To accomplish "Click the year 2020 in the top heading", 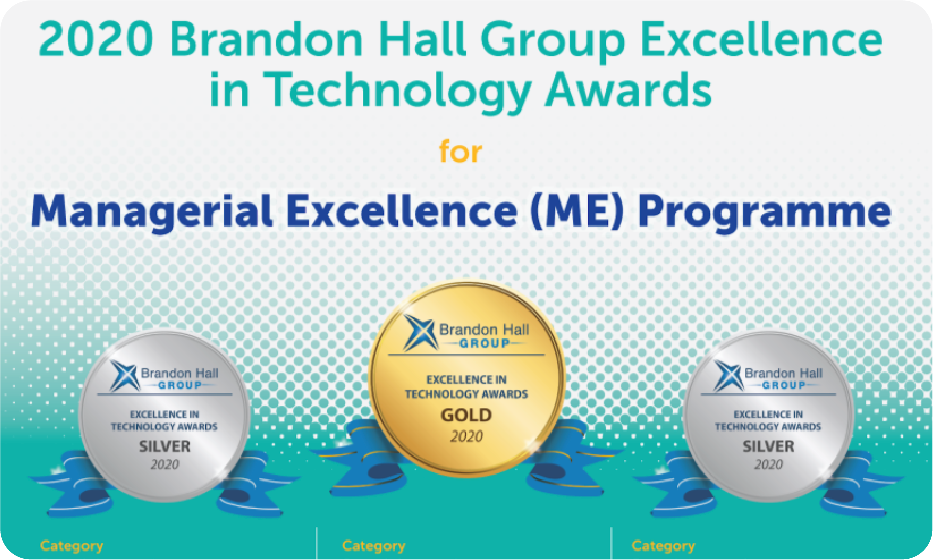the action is pyautogui.click(x=96, y=39).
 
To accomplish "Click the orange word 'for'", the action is pyautogui.click(x=460, y=151).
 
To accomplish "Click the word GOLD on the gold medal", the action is pyautogui.click(x=466, y=415).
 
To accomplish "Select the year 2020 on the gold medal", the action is pyautogui.click(x=466, y=436).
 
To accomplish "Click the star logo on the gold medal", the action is pyautogui.click(x=419, y=332).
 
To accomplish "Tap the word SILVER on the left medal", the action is pyautogui.click(x=164, y=447).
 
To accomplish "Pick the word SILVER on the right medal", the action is pyautogui.click(x=768, y=447).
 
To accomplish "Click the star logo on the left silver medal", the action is pyautogui.click(x=124, y=376).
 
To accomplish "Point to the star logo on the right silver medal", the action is pyautogui.click(x=728, y=376).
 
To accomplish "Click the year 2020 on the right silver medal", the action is pyautogui.click(x=768, y=464).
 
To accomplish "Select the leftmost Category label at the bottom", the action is pyautogui.click(x=71, y=546).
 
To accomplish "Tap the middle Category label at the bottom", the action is pyautogui.click(x=373, y=546).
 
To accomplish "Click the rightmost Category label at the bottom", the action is pyautogui.click(x=663, y=546).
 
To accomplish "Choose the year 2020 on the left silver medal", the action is pyautogui.click(x=164, y=464).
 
